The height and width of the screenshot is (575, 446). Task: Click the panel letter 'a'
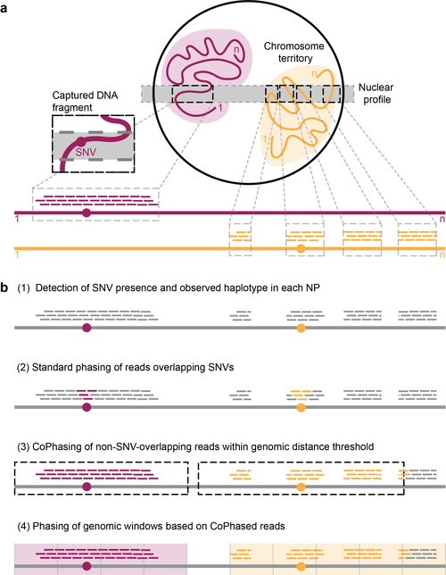point(4,8)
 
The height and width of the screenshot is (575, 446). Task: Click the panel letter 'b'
point(4,287)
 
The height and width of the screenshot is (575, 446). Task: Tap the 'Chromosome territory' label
point(293,52)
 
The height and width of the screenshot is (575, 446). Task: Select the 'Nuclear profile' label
point(376,93)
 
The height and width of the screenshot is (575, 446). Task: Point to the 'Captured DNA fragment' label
point(85,101)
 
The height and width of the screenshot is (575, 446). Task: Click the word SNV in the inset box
point(86,152)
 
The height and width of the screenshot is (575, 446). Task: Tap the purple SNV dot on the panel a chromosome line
point(87,212)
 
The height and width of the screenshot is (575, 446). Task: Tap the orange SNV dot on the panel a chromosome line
point(301,248)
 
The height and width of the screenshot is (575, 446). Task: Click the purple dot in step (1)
point(87,328)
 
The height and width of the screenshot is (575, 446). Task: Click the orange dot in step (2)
point(301,407)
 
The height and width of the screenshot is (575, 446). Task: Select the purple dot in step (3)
point(87,487)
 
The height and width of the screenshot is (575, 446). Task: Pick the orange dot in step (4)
point(301,566)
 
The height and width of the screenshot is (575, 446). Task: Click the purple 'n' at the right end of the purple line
point(442,220)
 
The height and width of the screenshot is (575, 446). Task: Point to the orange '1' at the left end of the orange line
point(17,254)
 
